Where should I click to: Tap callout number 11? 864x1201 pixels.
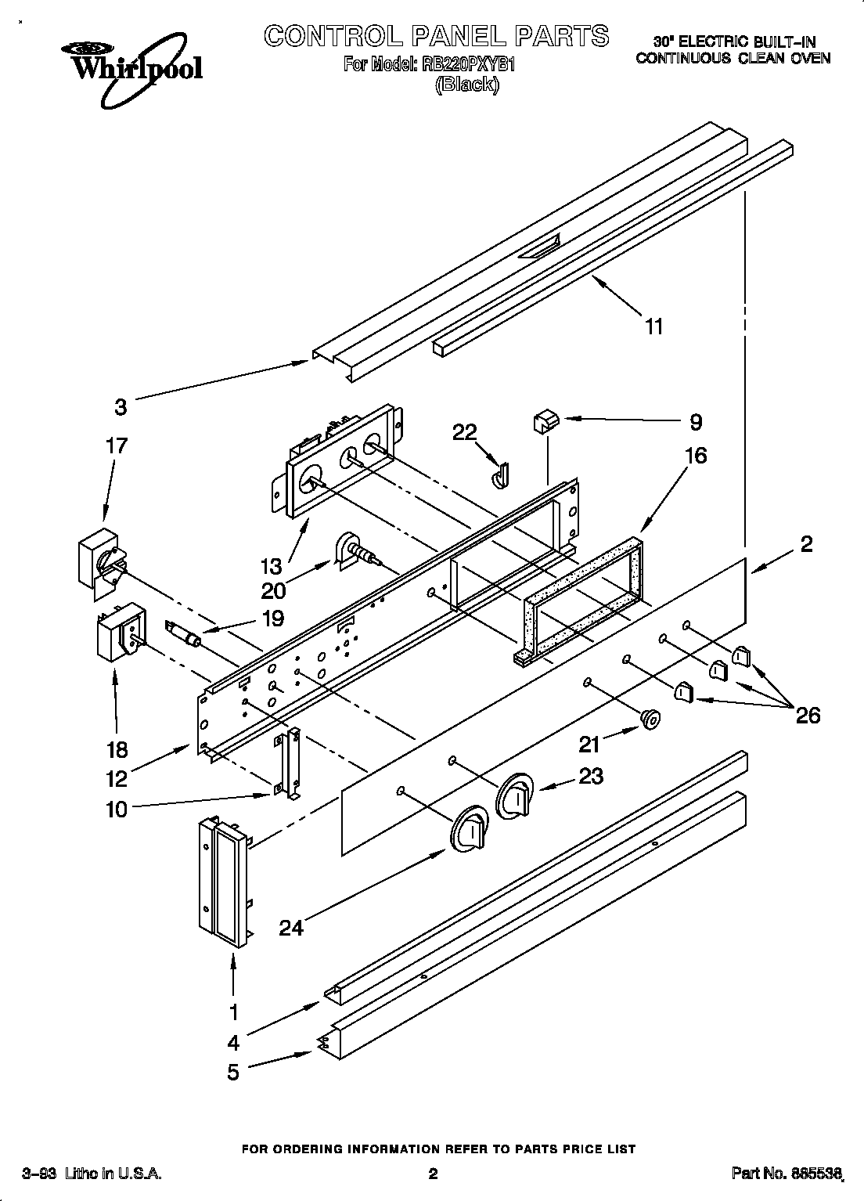[653, 326]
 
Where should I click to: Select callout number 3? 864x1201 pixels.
[120, 407]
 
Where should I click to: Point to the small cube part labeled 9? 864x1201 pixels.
[543, 423]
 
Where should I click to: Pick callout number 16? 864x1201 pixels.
[696, 455]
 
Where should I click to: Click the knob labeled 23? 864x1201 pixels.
[514, 797]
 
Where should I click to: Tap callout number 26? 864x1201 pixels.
[808, 715]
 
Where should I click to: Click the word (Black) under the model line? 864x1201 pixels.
[466, 85]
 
